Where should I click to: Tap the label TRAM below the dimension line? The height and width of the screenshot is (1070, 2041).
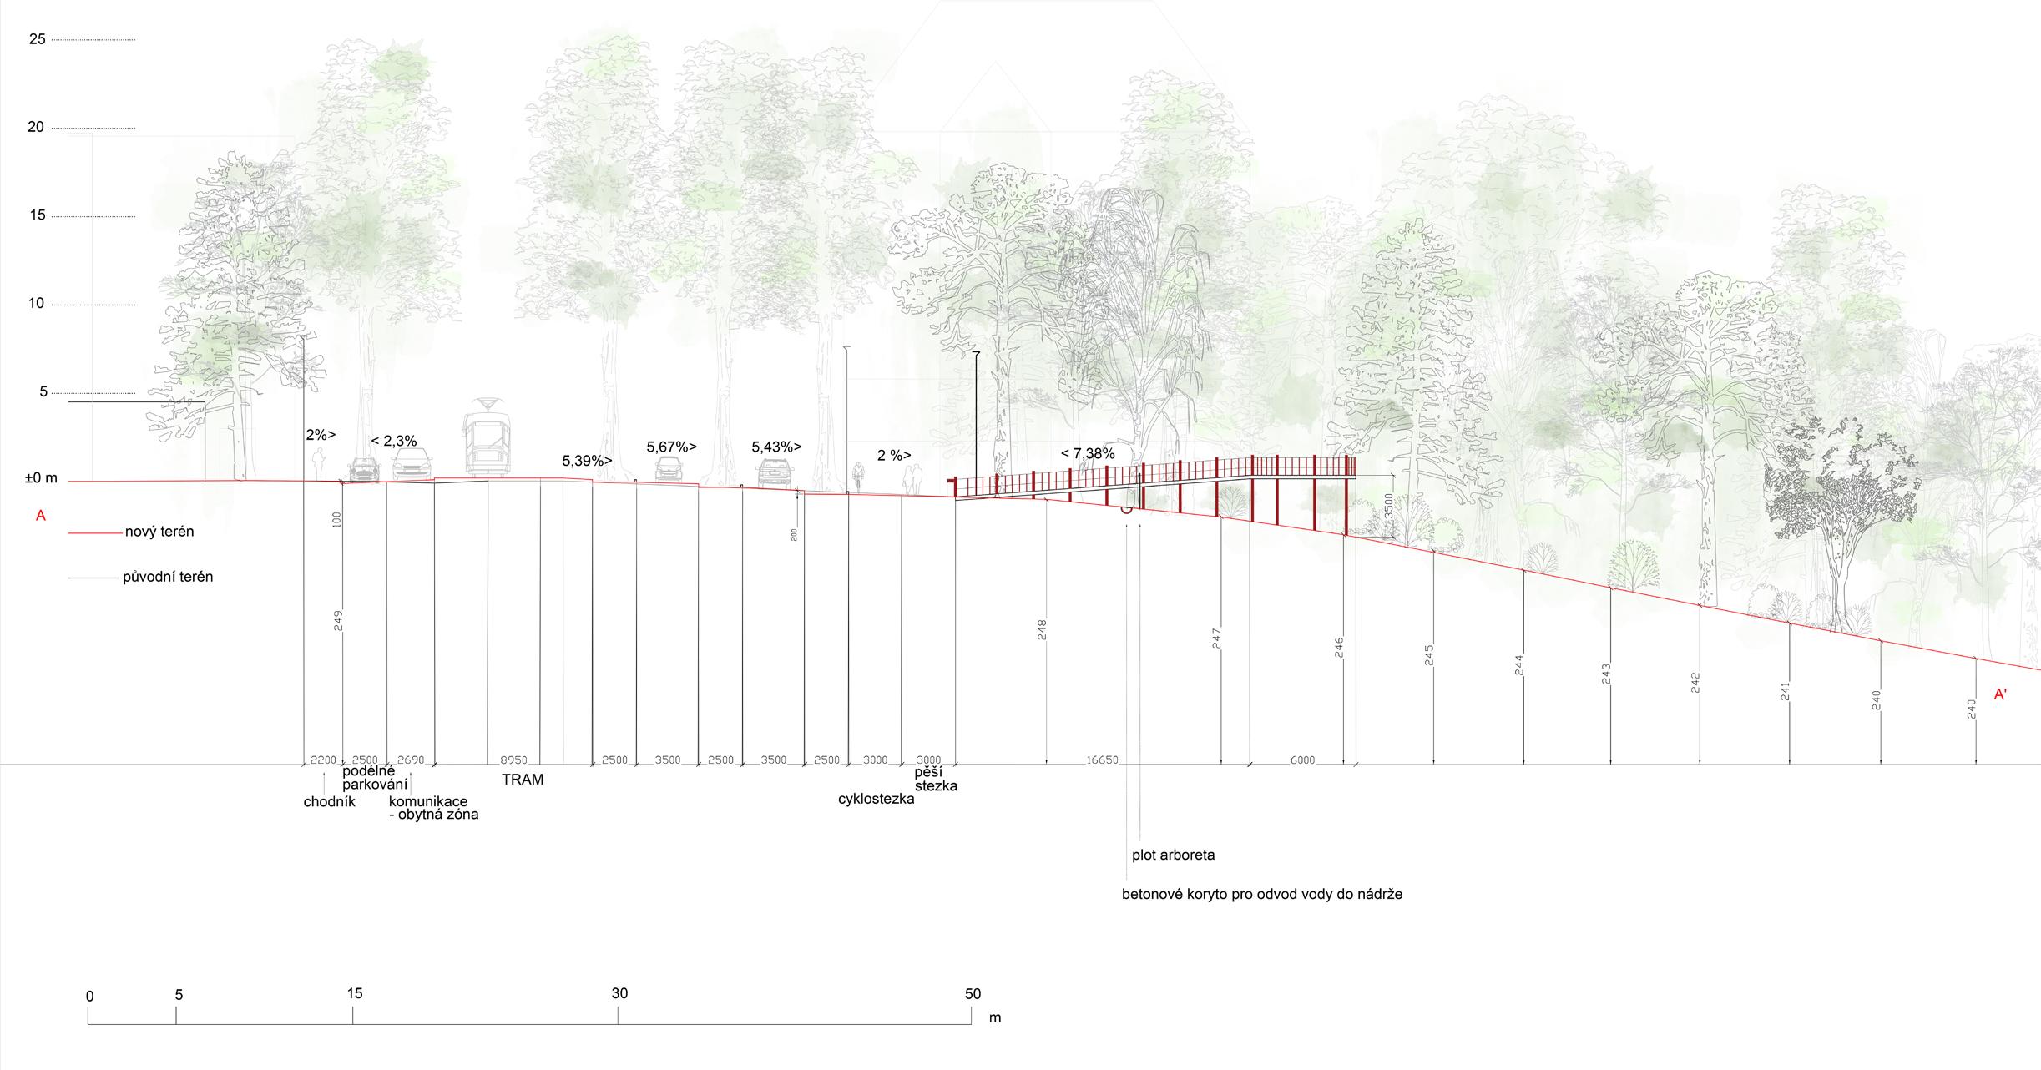(523, 780)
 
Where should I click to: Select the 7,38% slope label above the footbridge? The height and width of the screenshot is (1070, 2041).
(1088, 454)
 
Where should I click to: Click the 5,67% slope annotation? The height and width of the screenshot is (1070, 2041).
(671, 447)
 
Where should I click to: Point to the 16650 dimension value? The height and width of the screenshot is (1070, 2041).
(1102, 760)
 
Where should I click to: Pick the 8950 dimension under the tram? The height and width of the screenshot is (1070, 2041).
(513, 760)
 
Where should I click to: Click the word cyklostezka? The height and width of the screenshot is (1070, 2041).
(876, 799)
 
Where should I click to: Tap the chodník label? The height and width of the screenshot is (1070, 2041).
(330, 802)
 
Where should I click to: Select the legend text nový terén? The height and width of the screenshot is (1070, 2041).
(159, 532)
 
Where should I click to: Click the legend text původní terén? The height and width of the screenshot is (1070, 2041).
(168, 577)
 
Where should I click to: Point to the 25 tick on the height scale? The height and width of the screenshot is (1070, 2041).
(38, 38)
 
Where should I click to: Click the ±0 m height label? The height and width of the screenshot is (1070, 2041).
(41, 478)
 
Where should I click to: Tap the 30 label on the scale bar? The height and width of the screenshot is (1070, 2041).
(619, 993)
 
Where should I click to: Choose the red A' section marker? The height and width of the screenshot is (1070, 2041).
(2001, 694)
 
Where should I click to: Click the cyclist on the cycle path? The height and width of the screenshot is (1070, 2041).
(857, 477)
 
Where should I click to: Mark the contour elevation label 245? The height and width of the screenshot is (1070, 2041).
(1429, 655)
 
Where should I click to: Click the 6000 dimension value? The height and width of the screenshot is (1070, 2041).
(1302, 760)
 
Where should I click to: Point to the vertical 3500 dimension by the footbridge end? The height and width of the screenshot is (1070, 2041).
(1388, 507)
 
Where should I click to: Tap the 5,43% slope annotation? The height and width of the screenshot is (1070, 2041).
(776, 447)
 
